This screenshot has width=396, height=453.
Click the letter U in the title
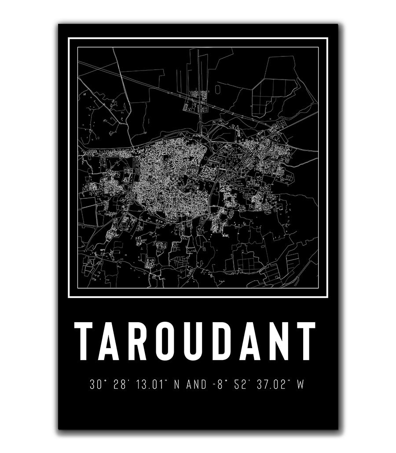pos(196,342)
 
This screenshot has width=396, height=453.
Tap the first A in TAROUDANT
pos(114,342)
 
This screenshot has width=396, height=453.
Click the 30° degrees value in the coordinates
pos(96,385)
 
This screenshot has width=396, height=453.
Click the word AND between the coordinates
pos(196,385)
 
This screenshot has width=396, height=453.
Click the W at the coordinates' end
pos(301,385)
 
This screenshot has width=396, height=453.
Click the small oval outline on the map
pos(218,89)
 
